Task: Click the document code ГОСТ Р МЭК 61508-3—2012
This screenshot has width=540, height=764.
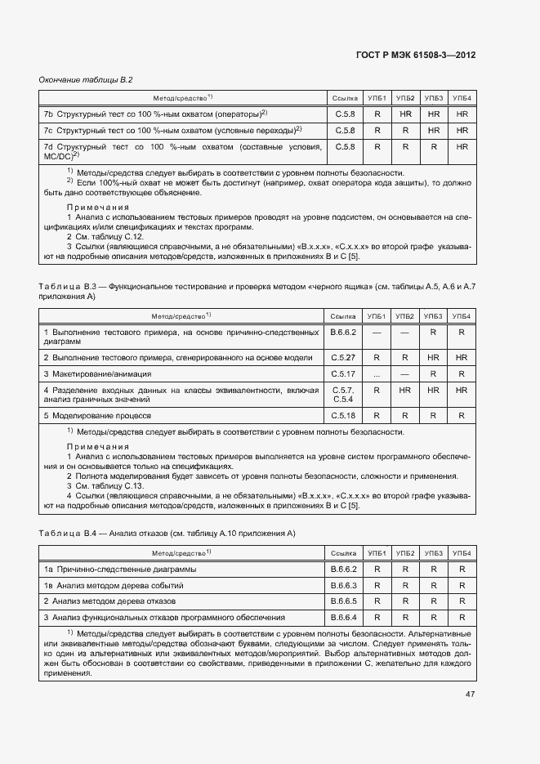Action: tap(416, 55)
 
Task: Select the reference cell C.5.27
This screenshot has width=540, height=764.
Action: tap(344, 358)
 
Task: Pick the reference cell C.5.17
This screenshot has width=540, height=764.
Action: tap(344, 373)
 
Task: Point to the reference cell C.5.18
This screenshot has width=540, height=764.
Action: tap(344, 416)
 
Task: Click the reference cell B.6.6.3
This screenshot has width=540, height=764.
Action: tap(344, 586)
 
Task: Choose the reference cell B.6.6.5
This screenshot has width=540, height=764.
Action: tap(344, 601)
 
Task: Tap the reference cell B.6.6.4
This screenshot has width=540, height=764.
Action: tap(344, 617)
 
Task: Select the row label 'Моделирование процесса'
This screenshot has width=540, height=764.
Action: tap(93, 416)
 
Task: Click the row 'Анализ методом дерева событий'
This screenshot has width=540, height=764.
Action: tap(114, 586)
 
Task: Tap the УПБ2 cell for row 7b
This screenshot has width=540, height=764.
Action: tap(405, 114)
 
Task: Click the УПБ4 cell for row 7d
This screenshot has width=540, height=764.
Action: tap(462, 147)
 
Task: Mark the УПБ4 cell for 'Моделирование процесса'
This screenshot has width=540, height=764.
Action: tap(462, 416)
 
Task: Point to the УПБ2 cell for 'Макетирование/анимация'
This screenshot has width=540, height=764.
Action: tap(405, 373)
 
